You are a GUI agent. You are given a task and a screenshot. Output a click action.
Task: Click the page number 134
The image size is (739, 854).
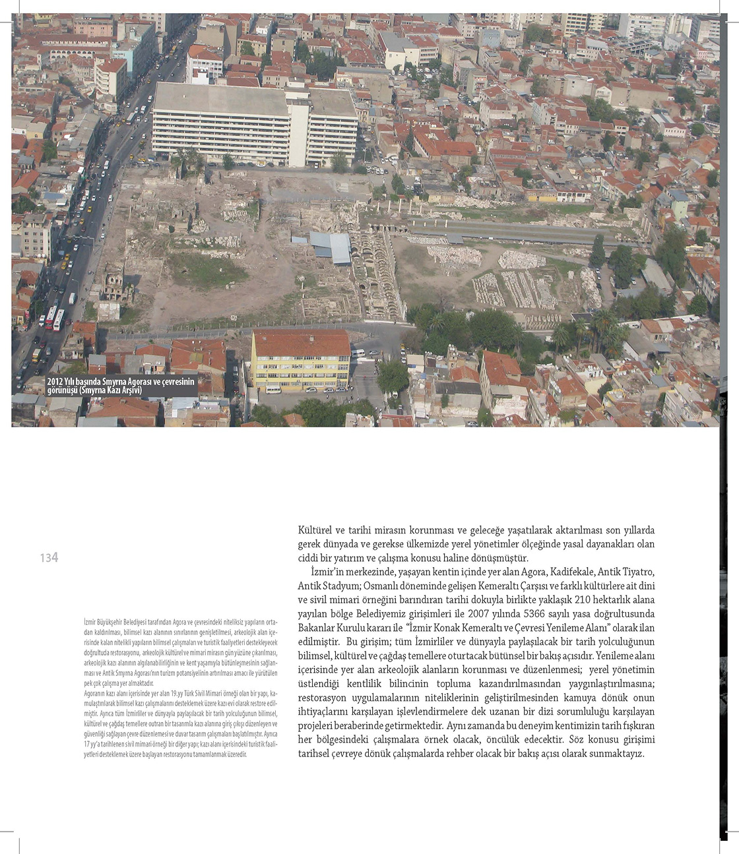coord(49,558)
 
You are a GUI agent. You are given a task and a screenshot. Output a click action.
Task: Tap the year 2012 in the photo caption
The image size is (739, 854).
coord(55,381)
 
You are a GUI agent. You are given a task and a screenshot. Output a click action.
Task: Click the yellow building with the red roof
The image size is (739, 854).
coord(301,361)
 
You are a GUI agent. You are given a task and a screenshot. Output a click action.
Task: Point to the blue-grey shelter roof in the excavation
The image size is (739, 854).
coord(333,247)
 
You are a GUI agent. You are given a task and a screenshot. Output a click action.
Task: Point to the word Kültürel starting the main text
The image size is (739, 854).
coord(315,530)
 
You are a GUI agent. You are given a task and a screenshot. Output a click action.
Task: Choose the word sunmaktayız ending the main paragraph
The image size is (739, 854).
coord(615,753)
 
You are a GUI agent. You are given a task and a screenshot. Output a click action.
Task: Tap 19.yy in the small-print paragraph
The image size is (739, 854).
coord(177,693)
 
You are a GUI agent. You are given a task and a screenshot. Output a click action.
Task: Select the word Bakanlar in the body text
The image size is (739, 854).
coord(316,627)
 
